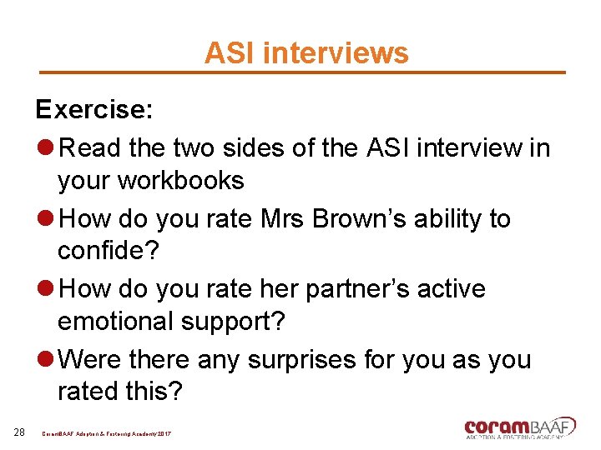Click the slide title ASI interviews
click(306, 53)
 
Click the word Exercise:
click(92, 109)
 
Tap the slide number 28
click(19, 432)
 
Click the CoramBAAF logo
click(519, 426)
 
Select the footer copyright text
click(107, 435)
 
